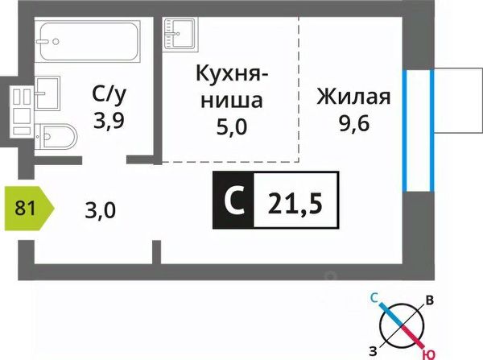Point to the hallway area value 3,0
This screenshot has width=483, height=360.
pos(100,211)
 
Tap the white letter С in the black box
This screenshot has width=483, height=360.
pos(234,200)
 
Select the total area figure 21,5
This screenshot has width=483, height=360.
pos(295,200)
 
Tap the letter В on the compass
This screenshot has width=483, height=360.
pos(430,301)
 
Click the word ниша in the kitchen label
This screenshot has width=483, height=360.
pos(231,102)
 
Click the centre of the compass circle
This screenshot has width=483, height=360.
pos(402,325)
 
